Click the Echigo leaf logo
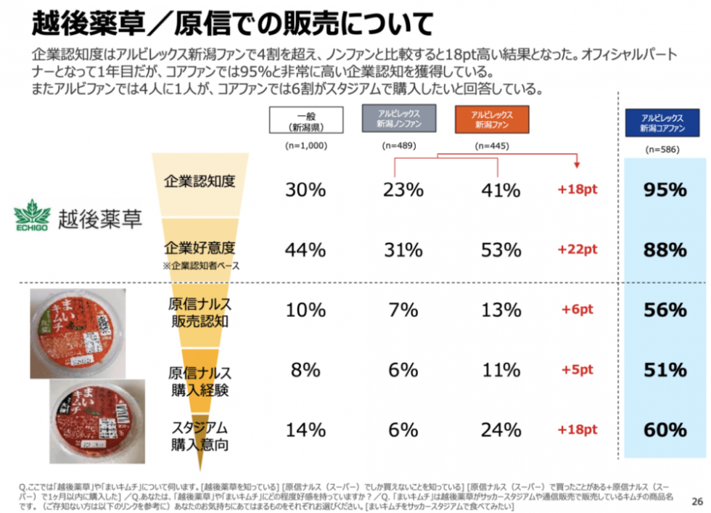coord(32,216)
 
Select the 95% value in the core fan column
coord(665,190)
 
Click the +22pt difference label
coord(577,250)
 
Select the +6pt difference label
coord(577,310)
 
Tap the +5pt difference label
coord(577,370)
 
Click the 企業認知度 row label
coord(200,181)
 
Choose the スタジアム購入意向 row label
coord(200,435)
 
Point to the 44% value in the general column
coord(305,250)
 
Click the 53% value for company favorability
coord(501,250)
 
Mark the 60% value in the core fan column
coord(665,430)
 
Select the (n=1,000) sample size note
coord(305,146)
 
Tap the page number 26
coord(697,501)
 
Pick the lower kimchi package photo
coord(89,414)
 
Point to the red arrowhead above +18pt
coord(577,164)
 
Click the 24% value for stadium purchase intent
coord(501,430)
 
